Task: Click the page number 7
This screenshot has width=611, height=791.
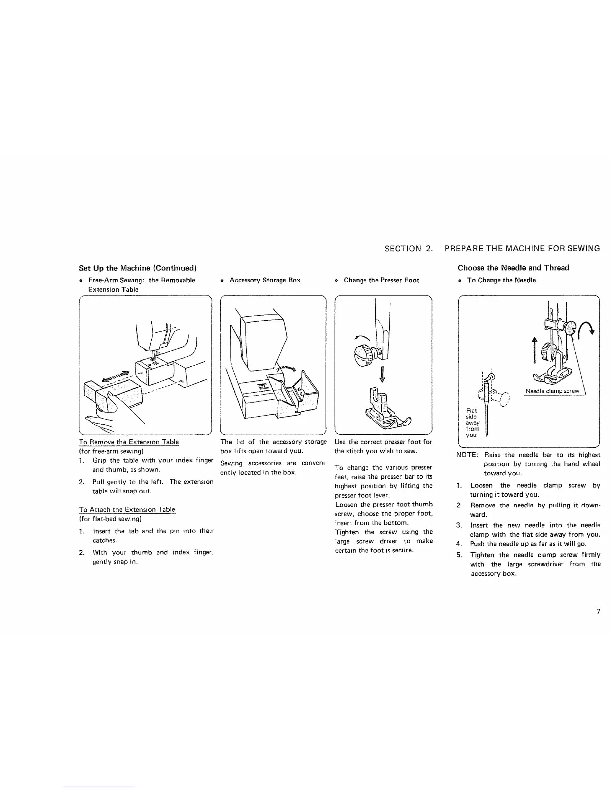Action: tap(598, 612)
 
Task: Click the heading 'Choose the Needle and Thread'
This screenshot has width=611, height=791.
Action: tap(513, 268)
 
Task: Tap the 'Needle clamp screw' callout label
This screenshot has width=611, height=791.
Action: tap(552, 391)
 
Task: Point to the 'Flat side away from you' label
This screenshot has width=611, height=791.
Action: tap(472, 422)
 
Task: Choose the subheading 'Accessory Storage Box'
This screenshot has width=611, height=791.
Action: tap(265, 280)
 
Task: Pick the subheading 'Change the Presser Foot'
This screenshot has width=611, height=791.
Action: tap(381, 280)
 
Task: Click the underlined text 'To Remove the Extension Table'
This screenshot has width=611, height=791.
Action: tap(129, 442)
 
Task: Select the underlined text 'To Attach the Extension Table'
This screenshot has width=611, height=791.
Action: tap(127, 509)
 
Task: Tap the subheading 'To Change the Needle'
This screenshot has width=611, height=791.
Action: tap(501, 280)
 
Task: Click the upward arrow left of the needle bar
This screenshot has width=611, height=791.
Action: tap(534, 349)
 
